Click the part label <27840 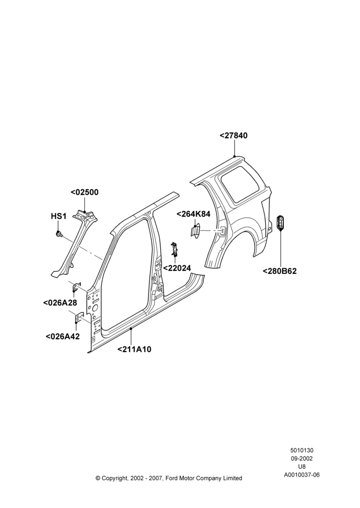coord(233,136)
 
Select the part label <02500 coord(84,192)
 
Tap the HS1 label coord(58,216)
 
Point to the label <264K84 coord(193,214)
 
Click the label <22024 coord(177,268)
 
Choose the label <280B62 coord(280,271)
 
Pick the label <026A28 coord(60,303)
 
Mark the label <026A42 coord(63,337)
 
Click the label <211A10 coord(134,350)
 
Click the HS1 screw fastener coord(58,234)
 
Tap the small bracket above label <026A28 coord(77,287)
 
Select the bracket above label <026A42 coord(79,317)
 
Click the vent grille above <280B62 coord(280,223)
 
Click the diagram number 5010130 coord(302,450)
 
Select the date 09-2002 coord(302,458)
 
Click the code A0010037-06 coord(302,475)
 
